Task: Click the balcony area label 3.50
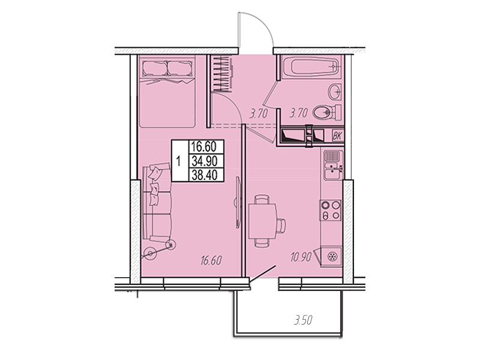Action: [x=303, y=320]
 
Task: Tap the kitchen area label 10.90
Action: [x=301, y=257]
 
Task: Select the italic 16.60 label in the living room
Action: [x=211, y=260]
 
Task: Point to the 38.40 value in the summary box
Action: [x=204, y=175]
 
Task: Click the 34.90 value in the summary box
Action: [x=204, y=161]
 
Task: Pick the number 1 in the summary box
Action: [x=179, y=161]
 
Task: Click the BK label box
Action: [x=338, y=136]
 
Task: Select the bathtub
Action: [x=310, y=67]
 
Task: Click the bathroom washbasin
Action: [x=335, y=91]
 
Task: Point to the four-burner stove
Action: [x=331, y=210]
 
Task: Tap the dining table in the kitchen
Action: [x=263, y=221]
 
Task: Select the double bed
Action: [x=167, y=91]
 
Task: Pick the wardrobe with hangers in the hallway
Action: [x=220, y=74]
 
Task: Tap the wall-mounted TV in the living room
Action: [x=238, y=202]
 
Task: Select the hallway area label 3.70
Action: [x=259, y=114]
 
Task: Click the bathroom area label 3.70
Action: [x=298, y=113]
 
